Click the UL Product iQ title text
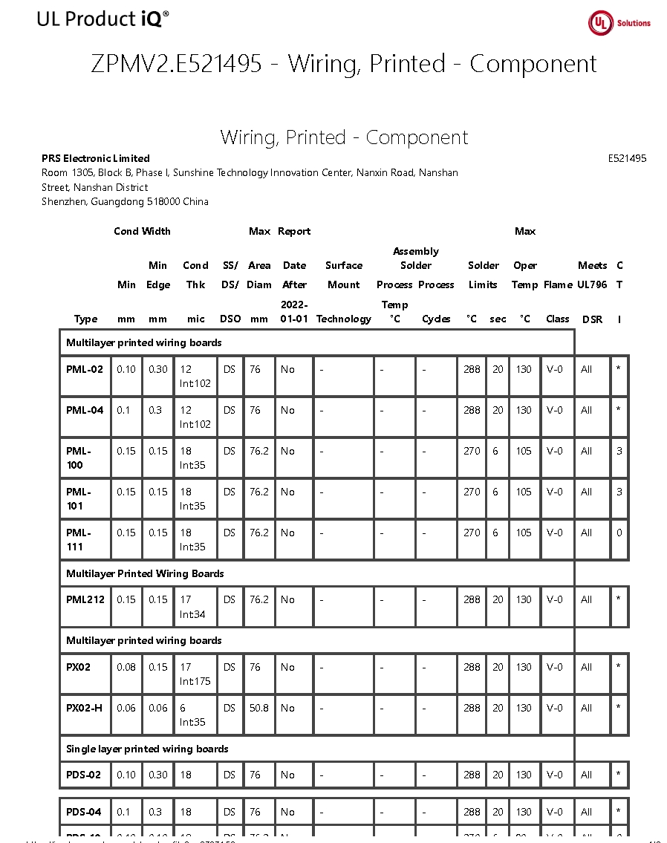point(103,19)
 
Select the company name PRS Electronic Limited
point(96,158)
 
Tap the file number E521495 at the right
point(627,158)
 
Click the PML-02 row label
point(85,369)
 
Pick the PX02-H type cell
point(85,708)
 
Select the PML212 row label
point(85,599)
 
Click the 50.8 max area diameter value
point(258,708)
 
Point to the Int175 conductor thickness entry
point(195,681)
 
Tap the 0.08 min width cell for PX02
point(126,667)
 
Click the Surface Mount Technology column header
point(343,292)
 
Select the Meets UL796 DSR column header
point(592,292)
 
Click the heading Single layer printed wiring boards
point(147,749)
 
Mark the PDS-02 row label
point(83,775)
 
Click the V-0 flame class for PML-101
point(554,492)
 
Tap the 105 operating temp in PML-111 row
point(524,533)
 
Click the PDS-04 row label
point(83,812)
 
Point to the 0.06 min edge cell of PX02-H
point(157,708)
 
